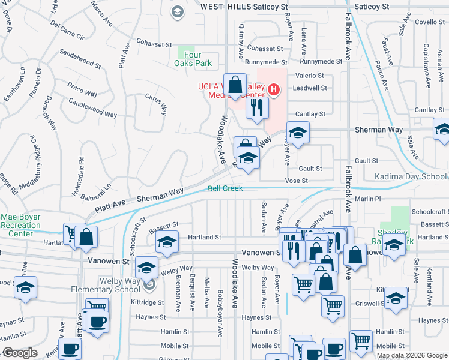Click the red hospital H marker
tap(274, 90)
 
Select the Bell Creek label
tap(225, 188)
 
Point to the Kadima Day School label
tap(411, 176)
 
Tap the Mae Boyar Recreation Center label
tap(21, 225)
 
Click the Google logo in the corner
tap(19, 353)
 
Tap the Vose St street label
tap(295, 181)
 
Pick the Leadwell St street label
tap(309, 88)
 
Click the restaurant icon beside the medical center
tap(256, 107)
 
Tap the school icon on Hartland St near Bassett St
tap(167, 241)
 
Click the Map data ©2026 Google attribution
tap(412, 355)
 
